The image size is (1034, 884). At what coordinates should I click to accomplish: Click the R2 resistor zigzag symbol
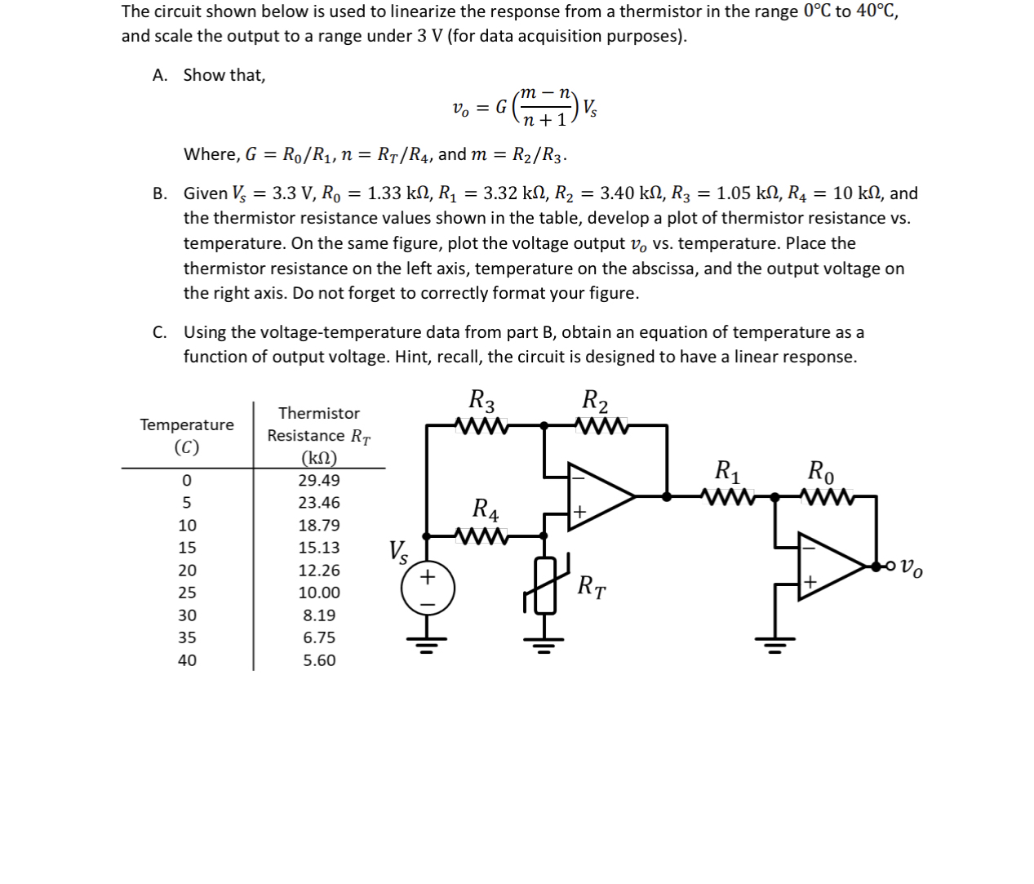click(x=601, y=425)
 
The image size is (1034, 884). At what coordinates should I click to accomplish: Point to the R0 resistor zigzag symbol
click(x=828, y=495)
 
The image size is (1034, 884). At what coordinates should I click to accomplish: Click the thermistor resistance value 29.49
click(x=319, y=481)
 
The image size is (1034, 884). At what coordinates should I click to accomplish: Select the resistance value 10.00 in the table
click(x=319, y=593)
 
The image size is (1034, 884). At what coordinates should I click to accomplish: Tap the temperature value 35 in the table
click(x=187, y=637)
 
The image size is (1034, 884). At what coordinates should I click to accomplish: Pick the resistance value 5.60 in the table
click(x=319, y=660)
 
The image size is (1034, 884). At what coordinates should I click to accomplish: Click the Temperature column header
click(x=187, y=425)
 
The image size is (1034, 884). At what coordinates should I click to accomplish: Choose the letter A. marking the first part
click(x=160, y=75)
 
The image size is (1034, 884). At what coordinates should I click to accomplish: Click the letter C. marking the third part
click(x=160, y=332)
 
